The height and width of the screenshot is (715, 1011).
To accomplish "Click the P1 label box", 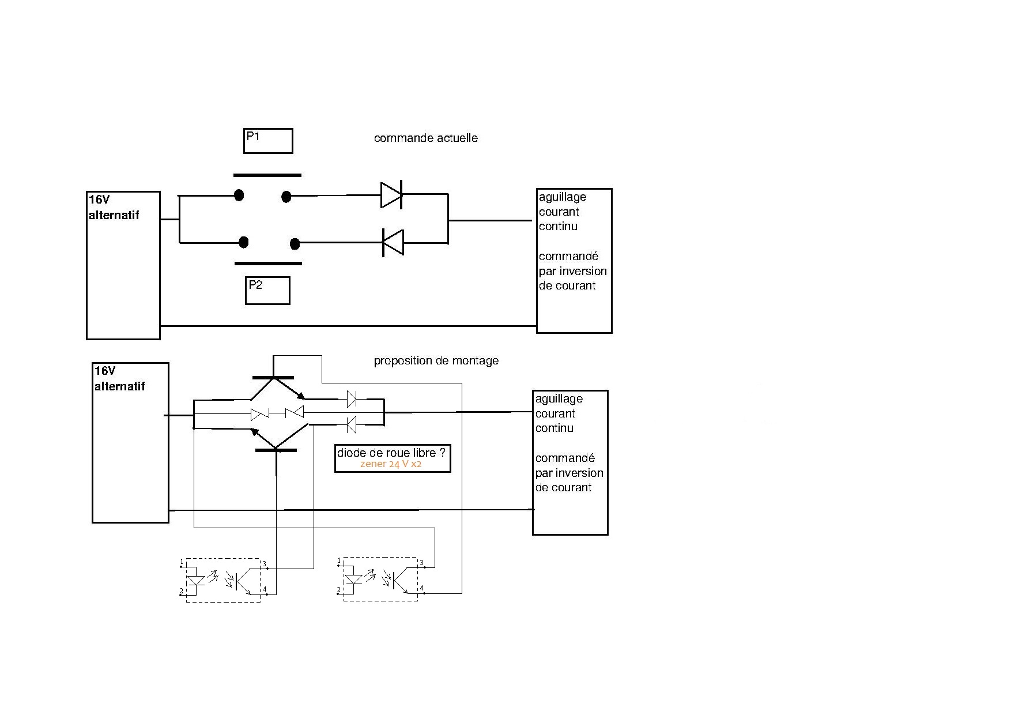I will tap(268, 141).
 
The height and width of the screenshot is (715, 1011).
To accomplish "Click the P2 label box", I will tap(267, 291).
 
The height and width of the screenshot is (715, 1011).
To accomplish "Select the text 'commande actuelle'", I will tap(425, 138).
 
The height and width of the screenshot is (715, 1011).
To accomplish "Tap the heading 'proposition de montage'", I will tap(436, 360).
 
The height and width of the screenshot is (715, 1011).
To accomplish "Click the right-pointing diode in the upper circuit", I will tap(391, 195).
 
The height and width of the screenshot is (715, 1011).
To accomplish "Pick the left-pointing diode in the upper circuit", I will tap(393, 242).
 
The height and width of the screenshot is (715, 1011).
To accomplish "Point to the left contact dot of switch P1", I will tap(239, 195).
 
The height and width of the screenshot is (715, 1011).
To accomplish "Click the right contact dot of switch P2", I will tap(295, 244).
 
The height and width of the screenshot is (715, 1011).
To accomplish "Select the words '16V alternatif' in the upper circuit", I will tap(114, 207).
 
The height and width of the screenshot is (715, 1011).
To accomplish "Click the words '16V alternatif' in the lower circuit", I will tap(119, 378).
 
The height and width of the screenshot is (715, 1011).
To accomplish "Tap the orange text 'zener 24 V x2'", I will tap(391, 464).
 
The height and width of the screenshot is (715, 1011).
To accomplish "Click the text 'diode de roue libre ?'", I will tap(391, 453).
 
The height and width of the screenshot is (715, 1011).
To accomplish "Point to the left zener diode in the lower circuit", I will tap(259, 414).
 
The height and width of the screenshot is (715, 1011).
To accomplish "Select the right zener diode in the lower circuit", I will tap(295, 412).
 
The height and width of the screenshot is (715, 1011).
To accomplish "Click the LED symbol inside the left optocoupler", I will tap(197, 579).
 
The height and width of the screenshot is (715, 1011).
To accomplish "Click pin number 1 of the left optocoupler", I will tap(182, 561).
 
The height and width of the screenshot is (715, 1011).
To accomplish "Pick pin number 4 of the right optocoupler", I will tap(422, 589).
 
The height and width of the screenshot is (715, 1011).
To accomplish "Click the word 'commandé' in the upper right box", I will tap(568, 256).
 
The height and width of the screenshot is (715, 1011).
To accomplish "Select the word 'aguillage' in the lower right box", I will tap(559, 398).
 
